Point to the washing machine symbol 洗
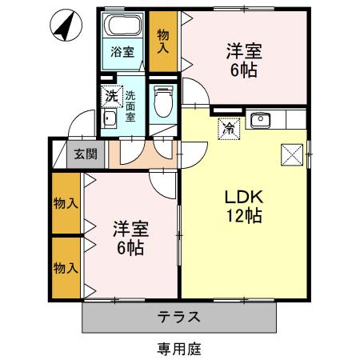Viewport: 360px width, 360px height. point(112,95)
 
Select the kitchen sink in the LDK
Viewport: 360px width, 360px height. point(259,121)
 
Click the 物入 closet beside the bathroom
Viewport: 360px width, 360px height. point(163,42)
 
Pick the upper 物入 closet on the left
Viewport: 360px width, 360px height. point(66,203)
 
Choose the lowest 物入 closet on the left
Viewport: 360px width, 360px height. point(66,266)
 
